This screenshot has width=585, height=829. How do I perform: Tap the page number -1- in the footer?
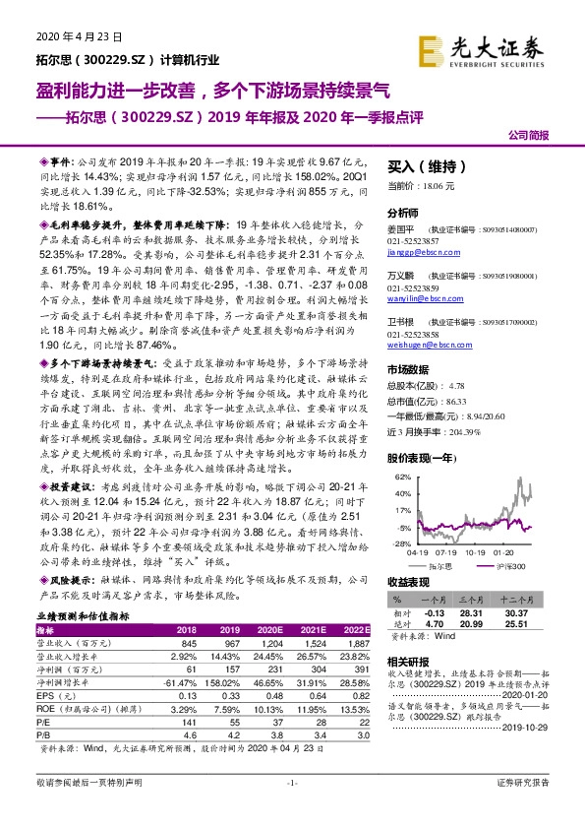click(x=292, y=809)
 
